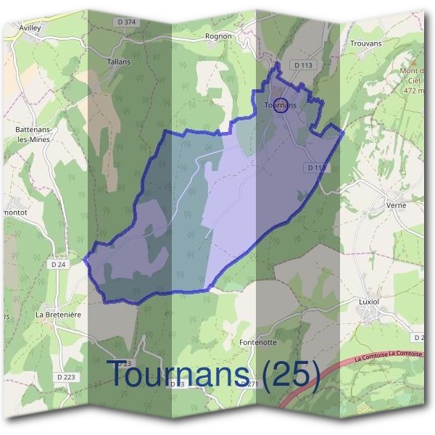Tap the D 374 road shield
tap(126, 22)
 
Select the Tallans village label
tap(118, 62)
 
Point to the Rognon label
tap(218, 36)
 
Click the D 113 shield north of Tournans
tap(303, 65)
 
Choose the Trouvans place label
tap(365, 44)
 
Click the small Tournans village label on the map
tap(281, 105)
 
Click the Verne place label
tap(396, 205)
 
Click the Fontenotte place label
tap(257, 341)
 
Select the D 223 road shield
tap(65, 377)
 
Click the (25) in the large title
tap(291, 374)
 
